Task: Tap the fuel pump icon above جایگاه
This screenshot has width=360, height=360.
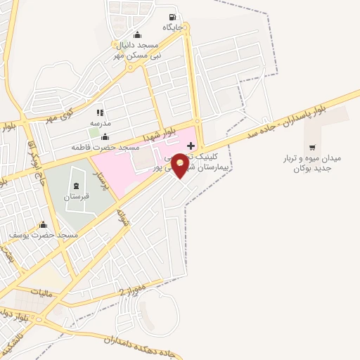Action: [x=172, y=18]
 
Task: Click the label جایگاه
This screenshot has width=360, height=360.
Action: [x=172, y=27]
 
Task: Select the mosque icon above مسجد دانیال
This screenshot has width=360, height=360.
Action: [x=137, y=34]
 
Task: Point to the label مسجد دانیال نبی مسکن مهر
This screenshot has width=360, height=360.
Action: [x=139, y=49]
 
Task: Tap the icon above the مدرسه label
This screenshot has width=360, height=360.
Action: [x=100, y=112]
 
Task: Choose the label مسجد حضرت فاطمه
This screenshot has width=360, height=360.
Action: [x=105, y=148]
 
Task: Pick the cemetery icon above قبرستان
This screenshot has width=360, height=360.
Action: [x=75, y=187]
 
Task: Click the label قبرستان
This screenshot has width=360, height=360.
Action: [x=75, y=198]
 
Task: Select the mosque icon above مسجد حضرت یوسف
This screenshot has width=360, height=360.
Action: [x=42, y=224]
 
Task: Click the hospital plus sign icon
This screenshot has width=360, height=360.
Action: [x=191, y=145]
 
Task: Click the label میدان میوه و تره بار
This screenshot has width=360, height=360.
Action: [x=312, y=162]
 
